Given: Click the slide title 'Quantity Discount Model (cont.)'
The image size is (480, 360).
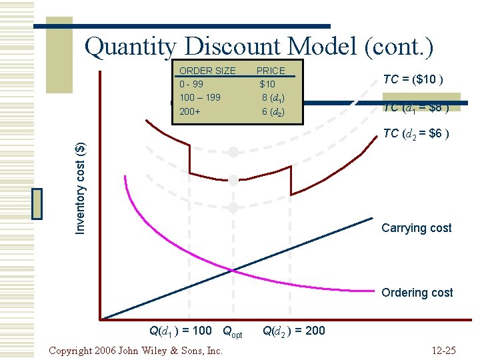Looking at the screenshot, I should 259,47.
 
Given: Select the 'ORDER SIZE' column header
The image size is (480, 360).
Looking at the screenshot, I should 207,71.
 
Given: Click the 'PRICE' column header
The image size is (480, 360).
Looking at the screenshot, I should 271,71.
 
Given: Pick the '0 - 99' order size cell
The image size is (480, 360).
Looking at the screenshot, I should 192,84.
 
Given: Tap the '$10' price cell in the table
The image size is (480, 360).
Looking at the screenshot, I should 267,84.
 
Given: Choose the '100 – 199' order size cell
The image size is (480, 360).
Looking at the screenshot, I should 200,97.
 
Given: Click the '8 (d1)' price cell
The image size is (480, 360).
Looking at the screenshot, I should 273,98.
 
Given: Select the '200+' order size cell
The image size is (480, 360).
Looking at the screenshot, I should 190,111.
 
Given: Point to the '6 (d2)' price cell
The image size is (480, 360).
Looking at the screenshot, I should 273,112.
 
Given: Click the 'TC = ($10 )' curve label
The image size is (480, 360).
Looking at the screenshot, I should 413,80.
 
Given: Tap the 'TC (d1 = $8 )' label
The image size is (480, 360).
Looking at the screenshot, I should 415,108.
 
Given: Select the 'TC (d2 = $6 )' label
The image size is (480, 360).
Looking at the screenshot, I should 416,134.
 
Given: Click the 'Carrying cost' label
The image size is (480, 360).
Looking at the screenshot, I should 416,228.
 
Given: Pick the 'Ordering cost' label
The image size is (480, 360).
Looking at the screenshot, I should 417,293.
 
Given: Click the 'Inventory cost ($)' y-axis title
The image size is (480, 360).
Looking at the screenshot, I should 80,188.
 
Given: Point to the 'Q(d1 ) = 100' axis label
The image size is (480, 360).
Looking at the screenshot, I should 180,330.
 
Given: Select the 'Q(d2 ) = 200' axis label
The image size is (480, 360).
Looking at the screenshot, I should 294,330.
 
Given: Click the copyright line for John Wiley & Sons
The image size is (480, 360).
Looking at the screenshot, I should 136,350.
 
